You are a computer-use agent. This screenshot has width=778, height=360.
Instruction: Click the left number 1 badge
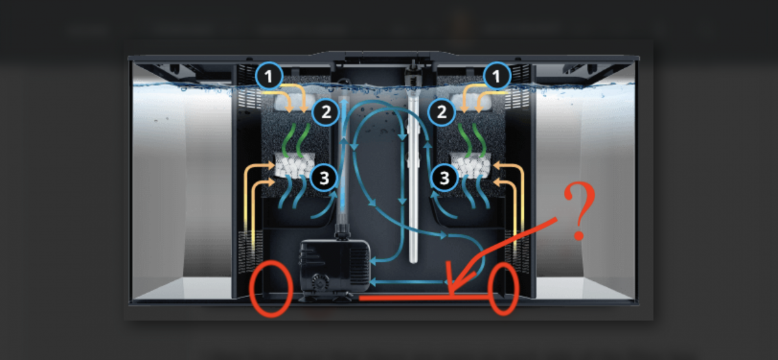(269, 76)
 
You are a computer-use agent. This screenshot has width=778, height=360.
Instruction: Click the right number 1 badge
(497, 76)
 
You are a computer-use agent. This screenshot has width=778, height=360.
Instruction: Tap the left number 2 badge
(325, 112)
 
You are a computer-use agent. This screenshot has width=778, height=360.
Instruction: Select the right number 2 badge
(442, 112)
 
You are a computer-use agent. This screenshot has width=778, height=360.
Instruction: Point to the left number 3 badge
(324, 178)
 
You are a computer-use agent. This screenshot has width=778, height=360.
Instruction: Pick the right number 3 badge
(444, 178)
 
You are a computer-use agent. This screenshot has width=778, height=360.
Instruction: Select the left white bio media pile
(294, 165)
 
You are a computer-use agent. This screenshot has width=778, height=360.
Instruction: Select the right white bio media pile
(471, 165)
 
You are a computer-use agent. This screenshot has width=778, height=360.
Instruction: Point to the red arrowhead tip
(451, 294)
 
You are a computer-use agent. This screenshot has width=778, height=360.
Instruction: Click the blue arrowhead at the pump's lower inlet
(373, 283)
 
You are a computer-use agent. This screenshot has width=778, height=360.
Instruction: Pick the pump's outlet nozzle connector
(342, 231)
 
